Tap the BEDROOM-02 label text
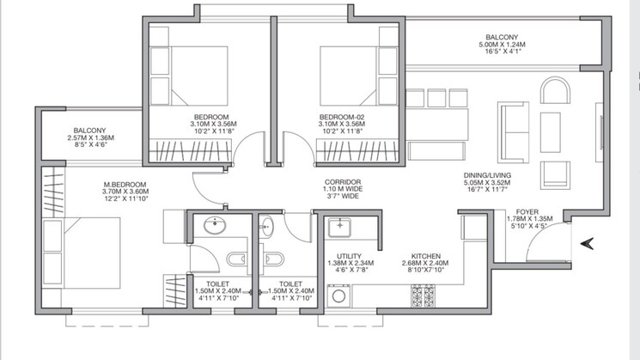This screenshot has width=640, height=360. pos(342,116)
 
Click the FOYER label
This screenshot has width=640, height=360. pos(527,211)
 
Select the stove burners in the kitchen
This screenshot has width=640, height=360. pos(424,297)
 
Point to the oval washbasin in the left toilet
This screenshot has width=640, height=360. pos(214,226)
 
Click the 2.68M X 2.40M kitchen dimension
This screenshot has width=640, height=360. pos(426,263)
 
